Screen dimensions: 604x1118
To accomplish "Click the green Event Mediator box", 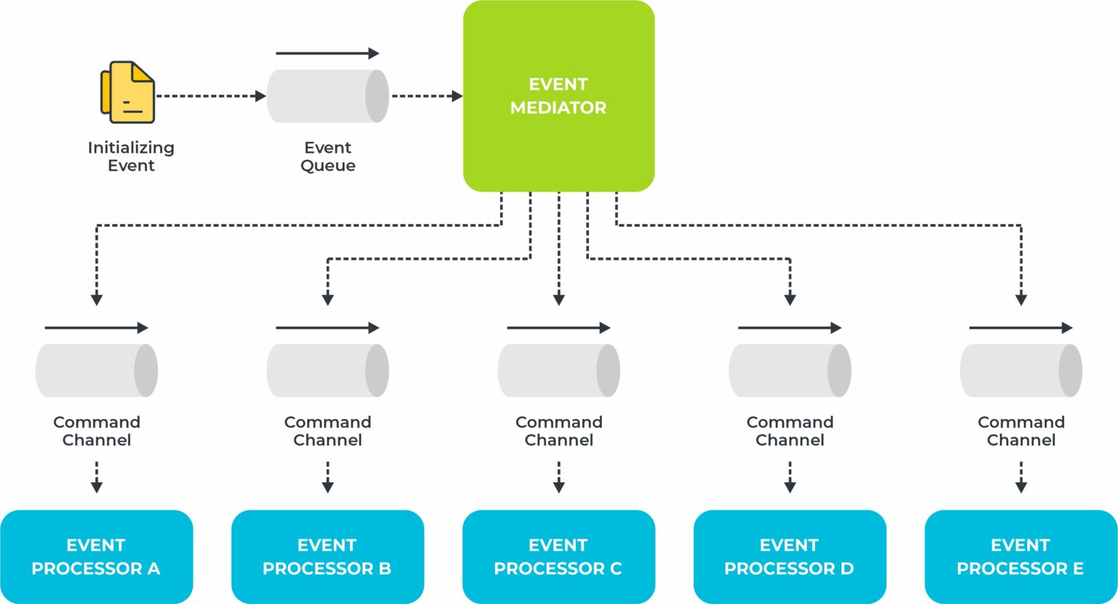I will tap(558, 96).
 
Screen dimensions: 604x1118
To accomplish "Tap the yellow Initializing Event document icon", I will tap(128, 92).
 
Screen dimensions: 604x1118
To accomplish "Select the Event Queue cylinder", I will tap(328, 96).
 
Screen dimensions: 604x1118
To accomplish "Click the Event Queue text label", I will tap(328, 156).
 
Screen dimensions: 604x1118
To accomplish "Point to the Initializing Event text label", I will tap(131, 156).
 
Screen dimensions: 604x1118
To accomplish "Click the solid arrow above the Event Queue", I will tap(328, 53).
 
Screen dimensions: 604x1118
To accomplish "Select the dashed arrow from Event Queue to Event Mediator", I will tap(427, 96).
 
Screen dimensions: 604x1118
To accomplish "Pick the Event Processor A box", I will tap(96, 557).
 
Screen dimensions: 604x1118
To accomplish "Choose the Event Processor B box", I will tap(328, 557).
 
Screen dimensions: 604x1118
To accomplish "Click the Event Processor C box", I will tap(558, 557).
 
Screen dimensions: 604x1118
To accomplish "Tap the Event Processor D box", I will tap(790, 557).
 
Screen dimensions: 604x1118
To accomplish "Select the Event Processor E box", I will tap(1020, 557).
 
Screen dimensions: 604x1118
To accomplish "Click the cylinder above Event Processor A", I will tap(96, 370).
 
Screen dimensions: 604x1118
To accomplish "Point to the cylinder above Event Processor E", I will tap(1020, 370).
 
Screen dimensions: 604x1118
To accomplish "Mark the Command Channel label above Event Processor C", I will tap(558, 431).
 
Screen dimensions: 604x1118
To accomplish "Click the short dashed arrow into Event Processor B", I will tap(328, 477).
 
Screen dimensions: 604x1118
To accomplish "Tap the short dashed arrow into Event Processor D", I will tap(790, 477).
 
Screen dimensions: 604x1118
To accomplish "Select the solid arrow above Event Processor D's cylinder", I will tap(790, 328).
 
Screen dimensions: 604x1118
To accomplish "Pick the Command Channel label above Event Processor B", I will tap(328, 431).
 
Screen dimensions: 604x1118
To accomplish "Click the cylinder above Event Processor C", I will tap(558, 370).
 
